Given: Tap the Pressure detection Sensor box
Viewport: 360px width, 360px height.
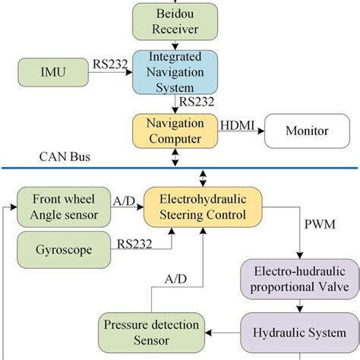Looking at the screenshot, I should (x=141, y=331).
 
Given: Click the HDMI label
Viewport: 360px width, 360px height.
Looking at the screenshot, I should (x=235, y=122).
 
